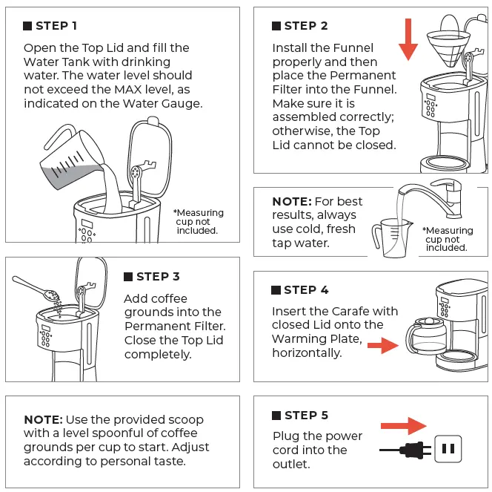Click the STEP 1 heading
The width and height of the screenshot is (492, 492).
click(56, 26)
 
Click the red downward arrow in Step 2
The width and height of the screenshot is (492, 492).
click(408, 42)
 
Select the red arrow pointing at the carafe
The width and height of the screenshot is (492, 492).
click(382, 345)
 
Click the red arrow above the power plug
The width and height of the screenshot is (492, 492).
click(403, 426)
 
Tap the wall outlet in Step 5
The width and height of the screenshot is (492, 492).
click(447, 449)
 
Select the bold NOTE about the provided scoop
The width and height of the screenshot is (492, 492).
click(42, 420)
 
